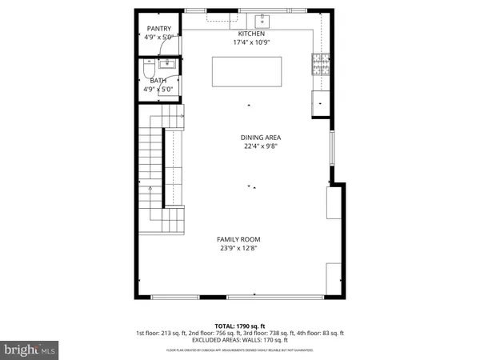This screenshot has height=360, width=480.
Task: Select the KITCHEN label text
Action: click(251, 34)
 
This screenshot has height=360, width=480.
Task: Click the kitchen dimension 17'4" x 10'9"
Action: click(251, 42)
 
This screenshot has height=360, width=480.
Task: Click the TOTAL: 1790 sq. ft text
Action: click(240, 326)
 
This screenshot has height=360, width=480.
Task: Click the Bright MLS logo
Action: click(30, 350)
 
